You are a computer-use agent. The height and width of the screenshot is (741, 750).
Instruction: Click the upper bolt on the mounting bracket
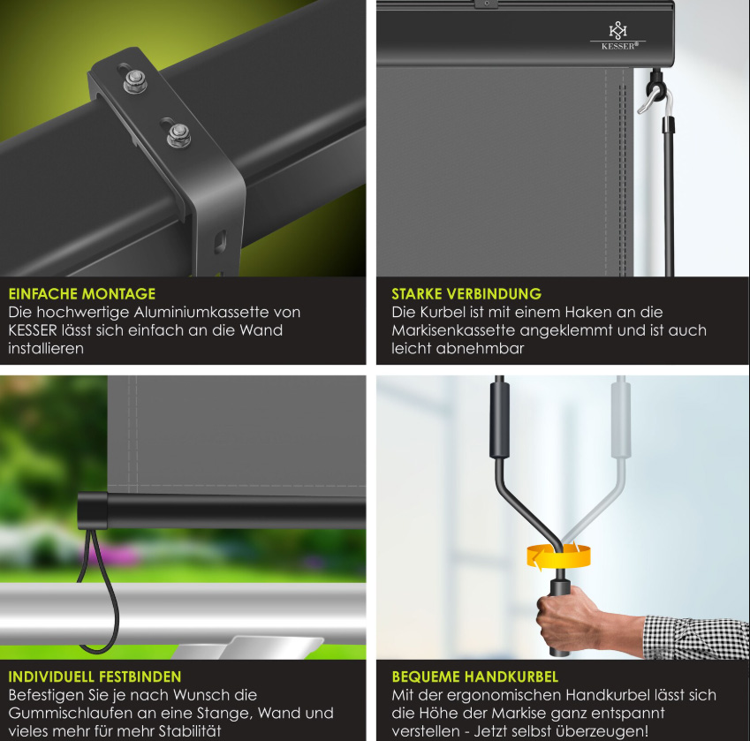[135, 80]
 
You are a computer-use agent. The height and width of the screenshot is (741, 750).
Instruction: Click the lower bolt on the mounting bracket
[179, 135]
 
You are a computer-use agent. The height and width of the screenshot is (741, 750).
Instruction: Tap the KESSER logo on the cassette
[618, 36]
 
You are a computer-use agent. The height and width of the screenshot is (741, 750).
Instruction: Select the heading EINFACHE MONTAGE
[82, 293]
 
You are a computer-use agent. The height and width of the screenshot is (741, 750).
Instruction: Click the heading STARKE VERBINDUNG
[466, 293]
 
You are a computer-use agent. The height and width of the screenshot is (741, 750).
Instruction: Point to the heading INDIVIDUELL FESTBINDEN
[95, 677]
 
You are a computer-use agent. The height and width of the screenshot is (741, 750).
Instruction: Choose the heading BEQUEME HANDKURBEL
[475, 677]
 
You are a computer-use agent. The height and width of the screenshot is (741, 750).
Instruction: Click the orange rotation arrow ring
[558, 557]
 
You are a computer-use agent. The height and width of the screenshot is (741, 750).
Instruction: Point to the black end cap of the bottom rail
[93, 511]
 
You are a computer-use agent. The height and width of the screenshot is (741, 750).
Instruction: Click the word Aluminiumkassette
[201, 312]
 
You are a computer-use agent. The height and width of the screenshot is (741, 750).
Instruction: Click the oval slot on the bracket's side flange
[220, 242]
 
